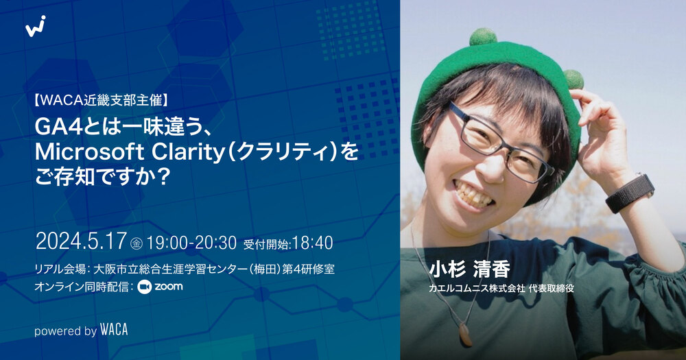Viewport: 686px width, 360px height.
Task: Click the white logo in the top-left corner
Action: pyautogui.click(x=36, y=26)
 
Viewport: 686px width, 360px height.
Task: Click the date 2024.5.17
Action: pyautogui.click(x=81, y=242)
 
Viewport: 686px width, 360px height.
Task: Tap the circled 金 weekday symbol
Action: pyautogui.click(x=136, y=243)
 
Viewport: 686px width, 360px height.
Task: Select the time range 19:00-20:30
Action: pyautogui.click(x=191, y=243)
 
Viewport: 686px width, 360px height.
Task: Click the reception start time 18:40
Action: pyautogui.click(x=312, y=243)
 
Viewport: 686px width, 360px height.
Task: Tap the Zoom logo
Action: pyautogui.click(x=160, y=287)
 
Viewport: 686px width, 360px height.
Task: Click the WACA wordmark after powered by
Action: pyautogui.click(x=114, y=331)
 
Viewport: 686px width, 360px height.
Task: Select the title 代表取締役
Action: pyautogui.click(x=551, y=289)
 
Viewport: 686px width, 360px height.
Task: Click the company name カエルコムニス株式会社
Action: pyautogui.click(x=477, y=289)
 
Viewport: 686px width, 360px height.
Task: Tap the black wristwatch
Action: pyautogui.click(x=630, y=193)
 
